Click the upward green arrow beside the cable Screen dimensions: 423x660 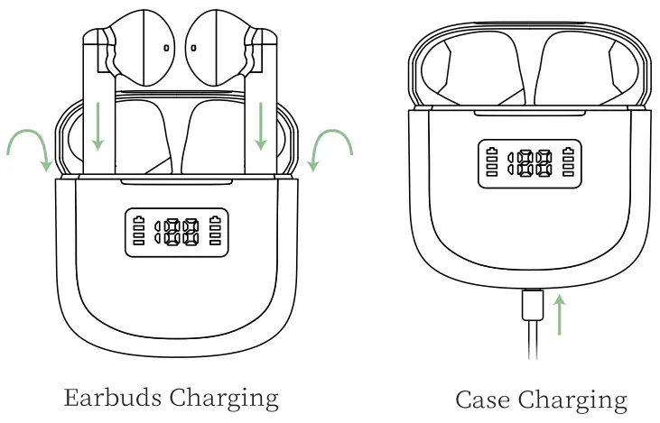(560, 316)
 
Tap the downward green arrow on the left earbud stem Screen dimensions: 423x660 (98, 125)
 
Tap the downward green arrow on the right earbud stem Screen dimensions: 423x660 (262, 125)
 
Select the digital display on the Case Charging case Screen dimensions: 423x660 (530, 163)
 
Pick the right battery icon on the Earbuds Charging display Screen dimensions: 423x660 (216, 234)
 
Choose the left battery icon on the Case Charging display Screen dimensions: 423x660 (491, 162)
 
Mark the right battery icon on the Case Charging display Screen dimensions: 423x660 (569, 162)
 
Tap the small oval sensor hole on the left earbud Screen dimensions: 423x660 (168, 46)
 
